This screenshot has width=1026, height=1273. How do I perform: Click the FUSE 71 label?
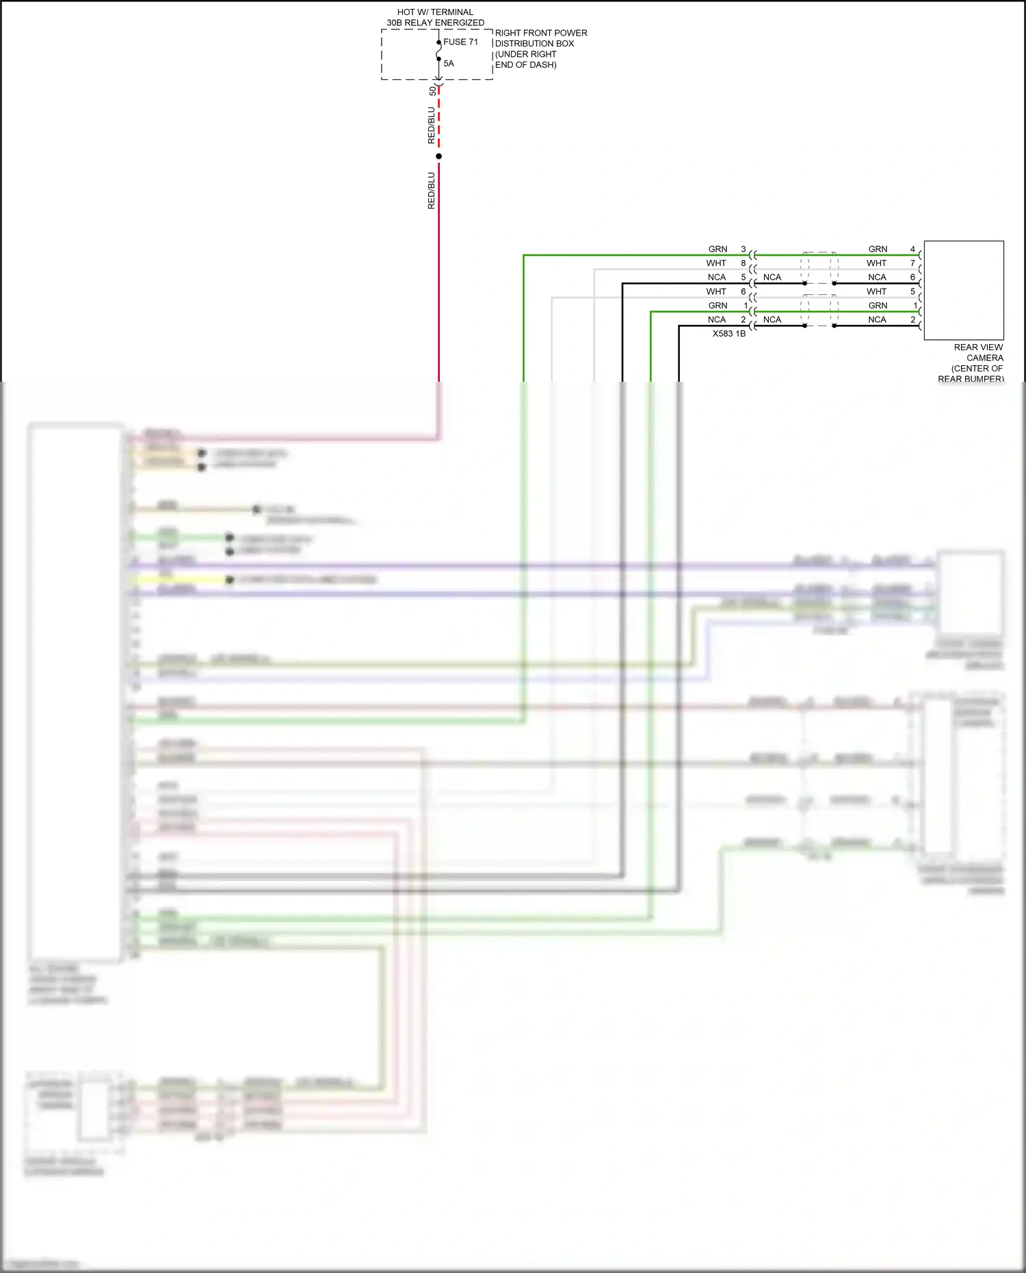460,42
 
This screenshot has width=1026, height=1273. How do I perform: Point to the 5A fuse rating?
449,64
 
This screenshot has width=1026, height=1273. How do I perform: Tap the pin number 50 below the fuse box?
432,90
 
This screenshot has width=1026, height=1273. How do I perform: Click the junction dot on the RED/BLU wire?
439,157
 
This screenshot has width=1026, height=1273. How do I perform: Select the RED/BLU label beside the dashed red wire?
431,125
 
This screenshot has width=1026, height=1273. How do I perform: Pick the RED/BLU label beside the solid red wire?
431,190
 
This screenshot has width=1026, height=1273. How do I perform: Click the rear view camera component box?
964,290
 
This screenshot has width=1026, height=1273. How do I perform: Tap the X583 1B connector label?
728,334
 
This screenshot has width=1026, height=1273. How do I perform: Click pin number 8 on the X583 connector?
744,263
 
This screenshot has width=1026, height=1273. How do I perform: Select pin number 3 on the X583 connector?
744,249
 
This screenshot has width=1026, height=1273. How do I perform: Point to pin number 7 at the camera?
912,263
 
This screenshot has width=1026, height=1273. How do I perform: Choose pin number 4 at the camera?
912,249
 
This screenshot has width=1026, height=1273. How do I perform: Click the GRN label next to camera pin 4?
878,249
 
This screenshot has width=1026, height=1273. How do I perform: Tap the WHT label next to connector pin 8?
716,263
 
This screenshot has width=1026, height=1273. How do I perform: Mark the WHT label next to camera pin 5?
876,291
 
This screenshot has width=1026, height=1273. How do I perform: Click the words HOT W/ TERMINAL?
435,12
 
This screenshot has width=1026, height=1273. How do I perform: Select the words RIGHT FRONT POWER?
541,33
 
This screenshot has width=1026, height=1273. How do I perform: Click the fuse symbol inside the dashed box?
439,51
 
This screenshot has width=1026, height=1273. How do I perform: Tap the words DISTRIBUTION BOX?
534,44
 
